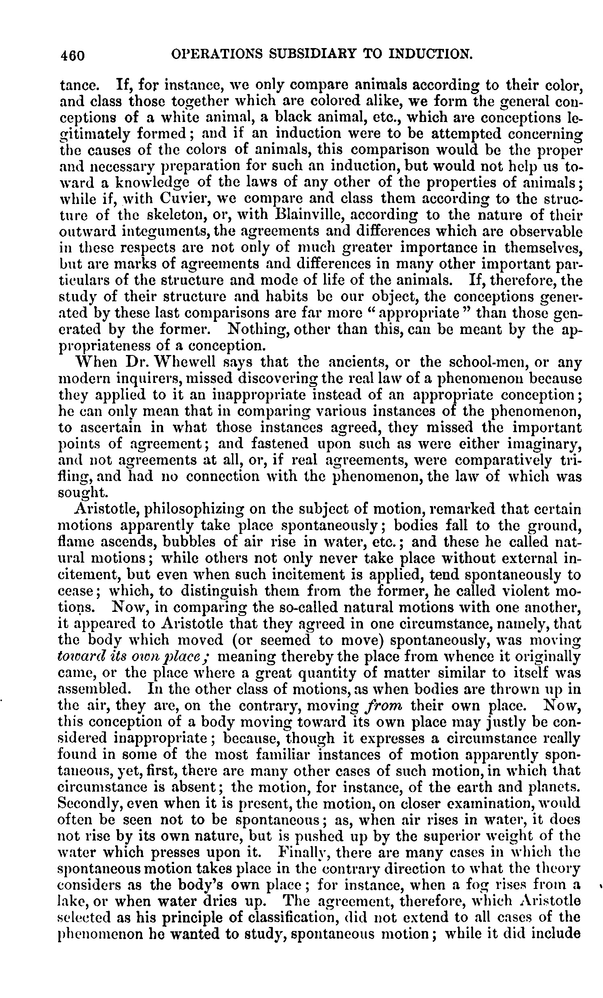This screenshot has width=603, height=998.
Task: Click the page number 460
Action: tap(72, 55)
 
